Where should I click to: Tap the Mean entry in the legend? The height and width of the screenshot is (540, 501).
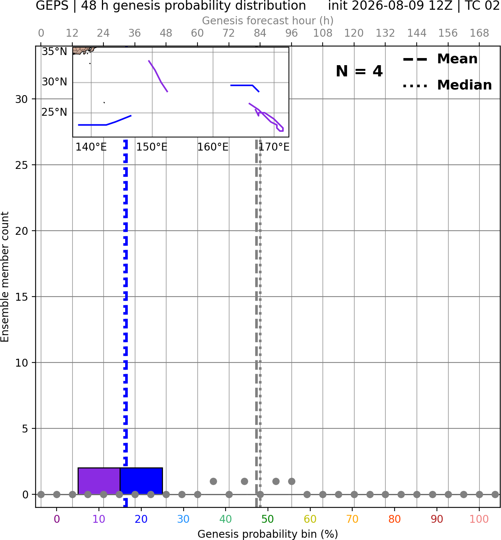coord(440,59)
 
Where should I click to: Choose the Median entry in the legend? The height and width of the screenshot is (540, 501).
coord(447,85)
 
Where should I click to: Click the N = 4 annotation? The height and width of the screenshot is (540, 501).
coord(359,71)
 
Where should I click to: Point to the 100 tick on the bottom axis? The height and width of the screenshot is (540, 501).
coord(479,519)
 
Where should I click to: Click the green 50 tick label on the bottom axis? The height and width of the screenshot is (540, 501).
coord(268,519)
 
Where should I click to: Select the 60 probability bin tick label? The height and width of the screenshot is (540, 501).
coord(310,519)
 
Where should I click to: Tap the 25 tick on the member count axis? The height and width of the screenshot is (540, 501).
coord(22,165)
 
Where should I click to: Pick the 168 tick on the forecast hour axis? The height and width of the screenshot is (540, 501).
coord(479,33)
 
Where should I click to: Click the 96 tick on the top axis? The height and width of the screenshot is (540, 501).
coord(292,33)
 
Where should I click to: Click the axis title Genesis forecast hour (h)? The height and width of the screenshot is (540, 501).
coord(268,21)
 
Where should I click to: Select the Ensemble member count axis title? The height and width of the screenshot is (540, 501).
coord(5,277)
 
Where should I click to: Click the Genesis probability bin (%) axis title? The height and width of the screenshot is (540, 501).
coord(268,534)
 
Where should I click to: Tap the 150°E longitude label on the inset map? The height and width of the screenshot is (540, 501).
coord(152,147)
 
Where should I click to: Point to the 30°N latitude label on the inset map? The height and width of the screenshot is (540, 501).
coord(54,82)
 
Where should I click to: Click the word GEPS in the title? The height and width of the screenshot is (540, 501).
coord(52,6)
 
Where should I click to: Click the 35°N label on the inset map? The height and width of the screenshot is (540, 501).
coord(54,51)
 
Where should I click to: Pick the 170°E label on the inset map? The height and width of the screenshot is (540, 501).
coord(274,147)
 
